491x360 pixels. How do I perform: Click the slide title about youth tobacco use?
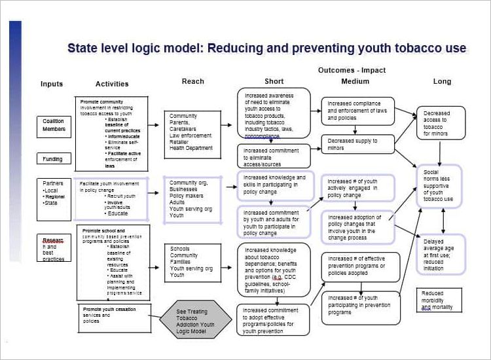click(266, 48)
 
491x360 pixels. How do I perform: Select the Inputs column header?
click(52, 84)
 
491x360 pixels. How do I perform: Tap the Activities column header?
click(112, 84)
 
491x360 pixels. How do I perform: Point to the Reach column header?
click(192, 81)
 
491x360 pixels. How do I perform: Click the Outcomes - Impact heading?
click(352, 70)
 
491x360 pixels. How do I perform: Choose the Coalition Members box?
click(54, 125)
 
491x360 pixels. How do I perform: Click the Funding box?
click(53, 159)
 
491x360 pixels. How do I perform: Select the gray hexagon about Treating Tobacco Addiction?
click(195, 321)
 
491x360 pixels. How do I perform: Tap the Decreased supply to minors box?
click(357, 144)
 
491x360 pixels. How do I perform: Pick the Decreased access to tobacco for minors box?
click(441, 123)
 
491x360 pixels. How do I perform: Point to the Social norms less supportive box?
click(439, 186)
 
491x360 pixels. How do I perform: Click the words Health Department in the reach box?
click(191, 148)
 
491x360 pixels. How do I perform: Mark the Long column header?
click(442, 81)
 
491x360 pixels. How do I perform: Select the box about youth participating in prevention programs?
click(360, 305)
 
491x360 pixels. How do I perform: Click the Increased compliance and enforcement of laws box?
click(357, 111)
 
